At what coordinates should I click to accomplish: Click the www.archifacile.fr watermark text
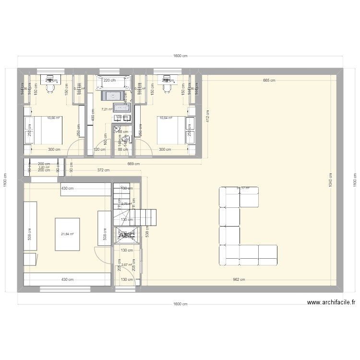331,303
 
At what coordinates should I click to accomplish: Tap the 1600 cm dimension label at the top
180,56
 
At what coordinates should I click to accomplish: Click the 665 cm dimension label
269,81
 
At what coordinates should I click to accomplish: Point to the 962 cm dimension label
239,280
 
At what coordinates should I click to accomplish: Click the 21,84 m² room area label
67,234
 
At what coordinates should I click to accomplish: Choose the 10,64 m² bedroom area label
166,118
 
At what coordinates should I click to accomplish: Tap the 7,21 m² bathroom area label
107,109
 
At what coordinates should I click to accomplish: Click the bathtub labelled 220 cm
114,83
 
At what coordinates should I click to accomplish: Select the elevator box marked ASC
127,234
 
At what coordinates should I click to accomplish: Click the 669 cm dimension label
134,164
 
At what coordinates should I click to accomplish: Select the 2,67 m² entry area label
127,264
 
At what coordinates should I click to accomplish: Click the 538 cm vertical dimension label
147,232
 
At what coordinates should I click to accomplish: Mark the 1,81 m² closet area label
44,167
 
